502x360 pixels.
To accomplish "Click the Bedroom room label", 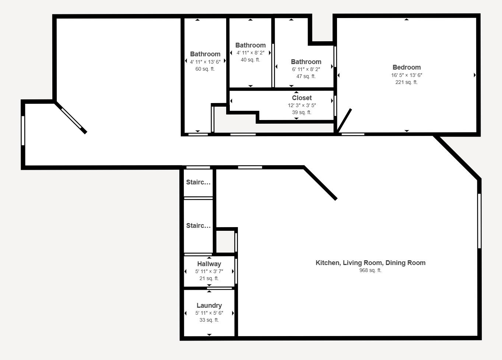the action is [407, 67].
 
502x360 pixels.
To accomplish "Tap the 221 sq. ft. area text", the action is [406, 82].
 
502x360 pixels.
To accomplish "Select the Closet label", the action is [302, 98].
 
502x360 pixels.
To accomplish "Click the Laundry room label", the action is [209, 306].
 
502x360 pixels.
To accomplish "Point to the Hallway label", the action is [209, 264].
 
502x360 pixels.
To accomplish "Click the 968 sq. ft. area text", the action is [370, 271].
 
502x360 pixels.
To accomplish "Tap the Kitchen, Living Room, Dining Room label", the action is [371, 263].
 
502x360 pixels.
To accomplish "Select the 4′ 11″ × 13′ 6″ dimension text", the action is [205, 62].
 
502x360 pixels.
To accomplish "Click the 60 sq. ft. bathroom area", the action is [205, 69].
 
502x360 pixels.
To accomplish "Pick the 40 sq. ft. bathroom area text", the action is [250, 60].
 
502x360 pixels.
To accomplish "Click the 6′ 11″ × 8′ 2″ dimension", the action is [306, 70].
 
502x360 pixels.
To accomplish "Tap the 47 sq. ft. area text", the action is [306, 77].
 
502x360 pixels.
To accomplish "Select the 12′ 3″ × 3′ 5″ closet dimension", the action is [302, 105].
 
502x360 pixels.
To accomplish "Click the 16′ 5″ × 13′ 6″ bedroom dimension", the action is [407, 75].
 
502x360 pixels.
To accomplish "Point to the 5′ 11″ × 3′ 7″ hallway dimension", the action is [209, 272].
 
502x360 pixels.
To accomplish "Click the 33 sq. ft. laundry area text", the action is [209, 320].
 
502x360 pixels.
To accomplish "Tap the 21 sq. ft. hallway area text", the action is [209, 278].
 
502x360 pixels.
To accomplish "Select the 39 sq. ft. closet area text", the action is [302, 113].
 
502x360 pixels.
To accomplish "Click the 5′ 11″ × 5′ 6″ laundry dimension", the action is [209, 313].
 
